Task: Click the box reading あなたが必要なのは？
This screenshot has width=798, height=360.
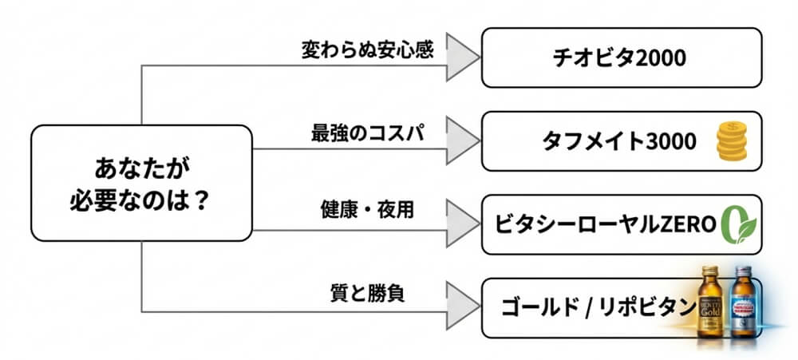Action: pos(141,183)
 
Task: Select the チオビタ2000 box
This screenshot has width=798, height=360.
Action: pos(621,57)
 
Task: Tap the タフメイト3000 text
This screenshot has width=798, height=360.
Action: pos(619,141)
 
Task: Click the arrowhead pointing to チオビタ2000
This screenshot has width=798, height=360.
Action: pos(460,57)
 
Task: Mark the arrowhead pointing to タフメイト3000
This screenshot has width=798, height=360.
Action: pos(460,141)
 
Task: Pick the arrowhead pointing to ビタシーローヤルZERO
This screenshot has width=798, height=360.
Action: pos(460,224)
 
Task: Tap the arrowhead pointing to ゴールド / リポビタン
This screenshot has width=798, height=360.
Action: pos(460,307)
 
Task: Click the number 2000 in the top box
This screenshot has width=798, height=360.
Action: pos(659,57)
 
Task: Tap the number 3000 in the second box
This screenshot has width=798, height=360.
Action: pos(670,141)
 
